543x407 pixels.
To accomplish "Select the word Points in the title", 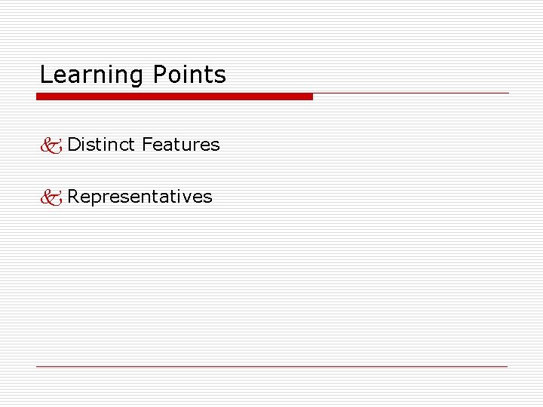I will coord(189,75).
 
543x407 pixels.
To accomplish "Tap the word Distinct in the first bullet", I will coord(101,144).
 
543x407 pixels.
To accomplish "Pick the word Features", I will coord(180,144).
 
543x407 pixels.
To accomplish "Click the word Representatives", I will coord(140,197).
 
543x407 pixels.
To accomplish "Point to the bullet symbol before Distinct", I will coord(51,145).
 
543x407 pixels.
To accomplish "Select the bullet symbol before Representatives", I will coord(51,197).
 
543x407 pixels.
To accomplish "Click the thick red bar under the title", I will coord(174,96).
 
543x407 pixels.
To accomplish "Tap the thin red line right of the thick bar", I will coord(411,93).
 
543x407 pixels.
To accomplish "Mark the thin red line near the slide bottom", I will coord(271,367).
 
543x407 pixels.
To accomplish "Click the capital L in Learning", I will coord(44,75).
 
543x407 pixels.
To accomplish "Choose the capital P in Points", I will coord(158,75).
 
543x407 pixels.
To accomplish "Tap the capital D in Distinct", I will coord(73,144).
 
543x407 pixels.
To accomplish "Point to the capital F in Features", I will coord(146,144).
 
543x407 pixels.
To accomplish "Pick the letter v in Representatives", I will coord(186,197).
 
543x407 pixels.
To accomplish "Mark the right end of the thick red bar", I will coord(311,96).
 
